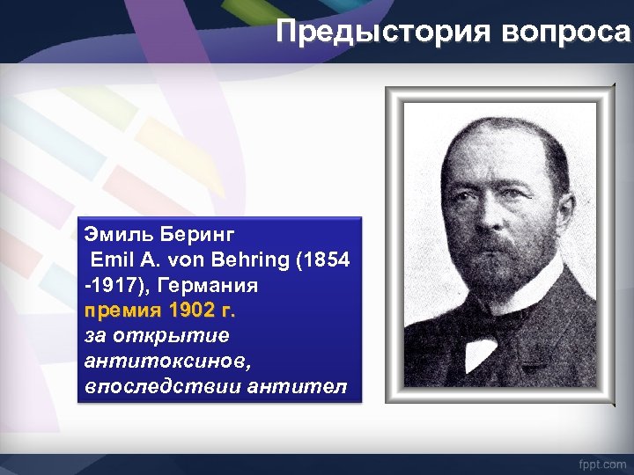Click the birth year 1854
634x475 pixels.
[x=328, y=260]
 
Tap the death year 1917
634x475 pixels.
[x=113, y=286]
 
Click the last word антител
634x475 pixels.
[x=307, y=387]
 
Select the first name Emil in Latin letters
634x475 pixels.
[x=109, y=260]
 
